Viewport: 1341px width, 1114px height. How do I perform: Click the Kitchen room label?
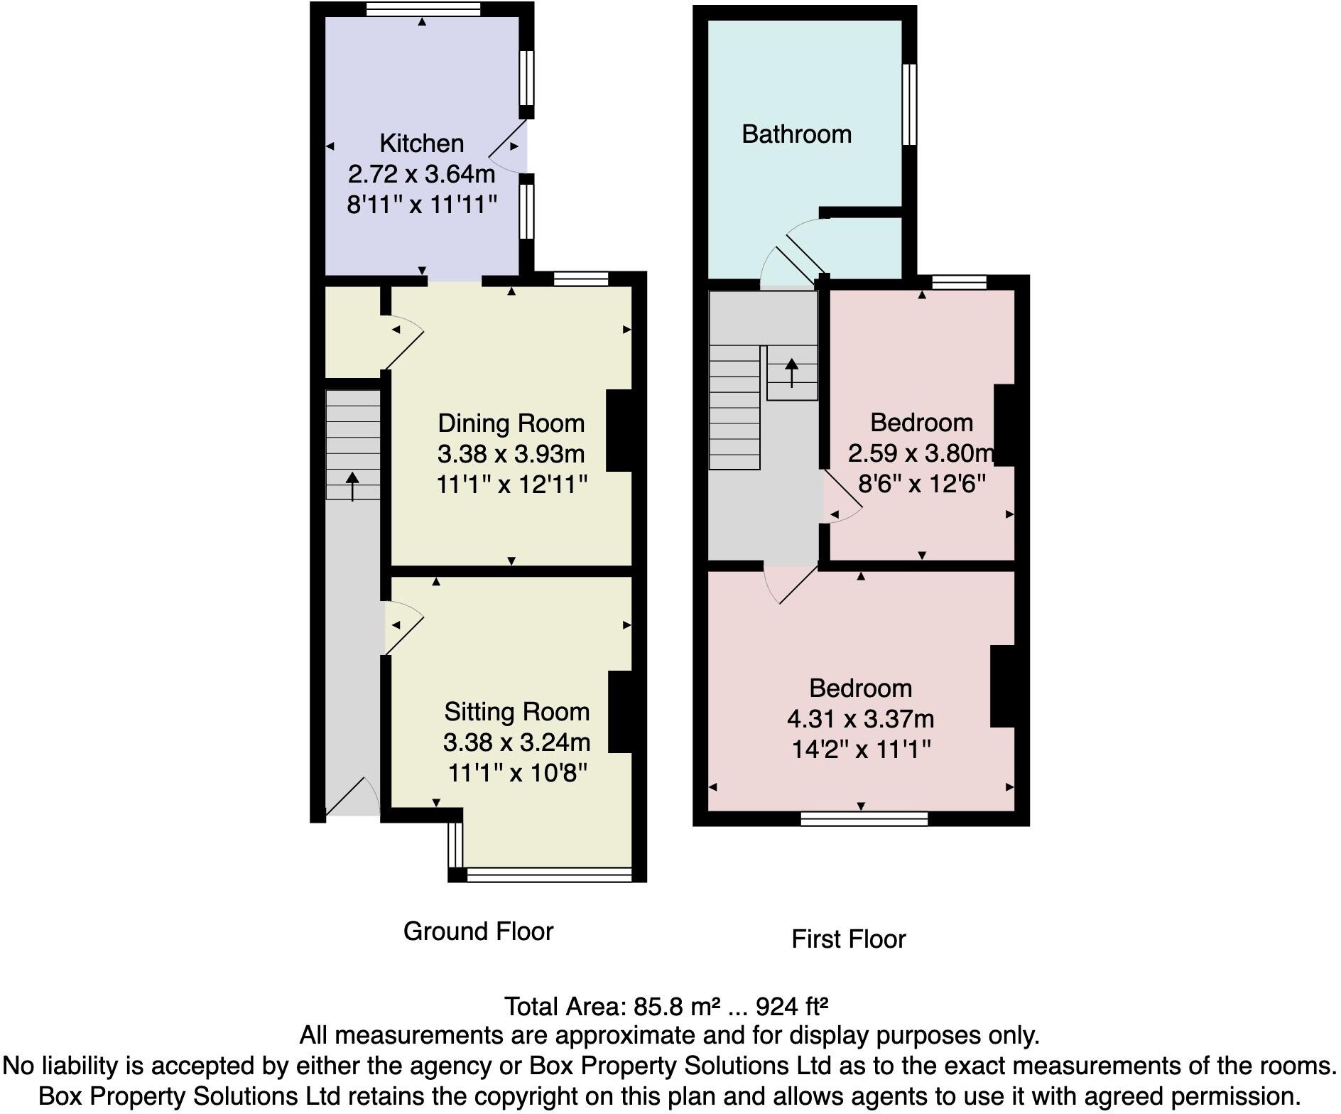coord(421,144)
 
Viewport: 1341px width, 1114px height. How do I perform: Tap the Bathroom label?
coord(796,134)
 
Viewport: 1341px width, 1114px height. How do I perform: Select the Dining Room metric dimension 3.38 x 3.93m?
coord(511,454)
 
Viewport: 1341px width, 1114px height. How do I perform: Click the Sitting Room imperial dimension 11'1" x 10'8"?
coord(517,773)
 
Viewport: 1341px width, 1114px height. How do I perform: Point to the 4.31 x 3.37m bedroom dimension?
coord(860,719)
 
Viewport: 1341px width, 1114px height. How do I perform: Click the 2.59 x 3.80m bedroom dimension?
coord(921,453)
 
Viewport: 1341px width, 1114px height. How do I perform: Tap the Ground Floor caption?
coord(478,931)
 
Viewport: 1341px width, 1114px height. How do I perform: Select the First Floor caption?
coord(848,939)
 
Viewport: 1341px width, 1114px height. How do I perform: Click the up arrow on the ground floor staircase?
coord(352,486)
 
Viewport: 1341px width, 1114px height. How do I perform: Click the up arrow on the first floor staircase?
coord(791,372)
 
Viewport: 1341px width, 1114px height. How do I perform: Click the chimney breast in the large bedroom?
coord(1003,686)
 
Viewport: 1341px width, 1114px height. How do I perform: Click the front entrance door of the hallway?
coord(353,796)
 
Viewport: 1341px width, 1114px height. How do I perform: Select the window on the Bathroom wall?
coord(909,104)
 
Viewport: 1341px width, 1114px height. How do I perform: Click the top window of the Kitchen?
coord(423,9)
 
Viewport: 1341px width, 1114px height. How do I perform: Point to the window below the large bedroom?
coord(864,818)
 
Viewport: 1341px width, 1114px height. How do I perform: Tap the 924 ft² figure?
coord(792,1007)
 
